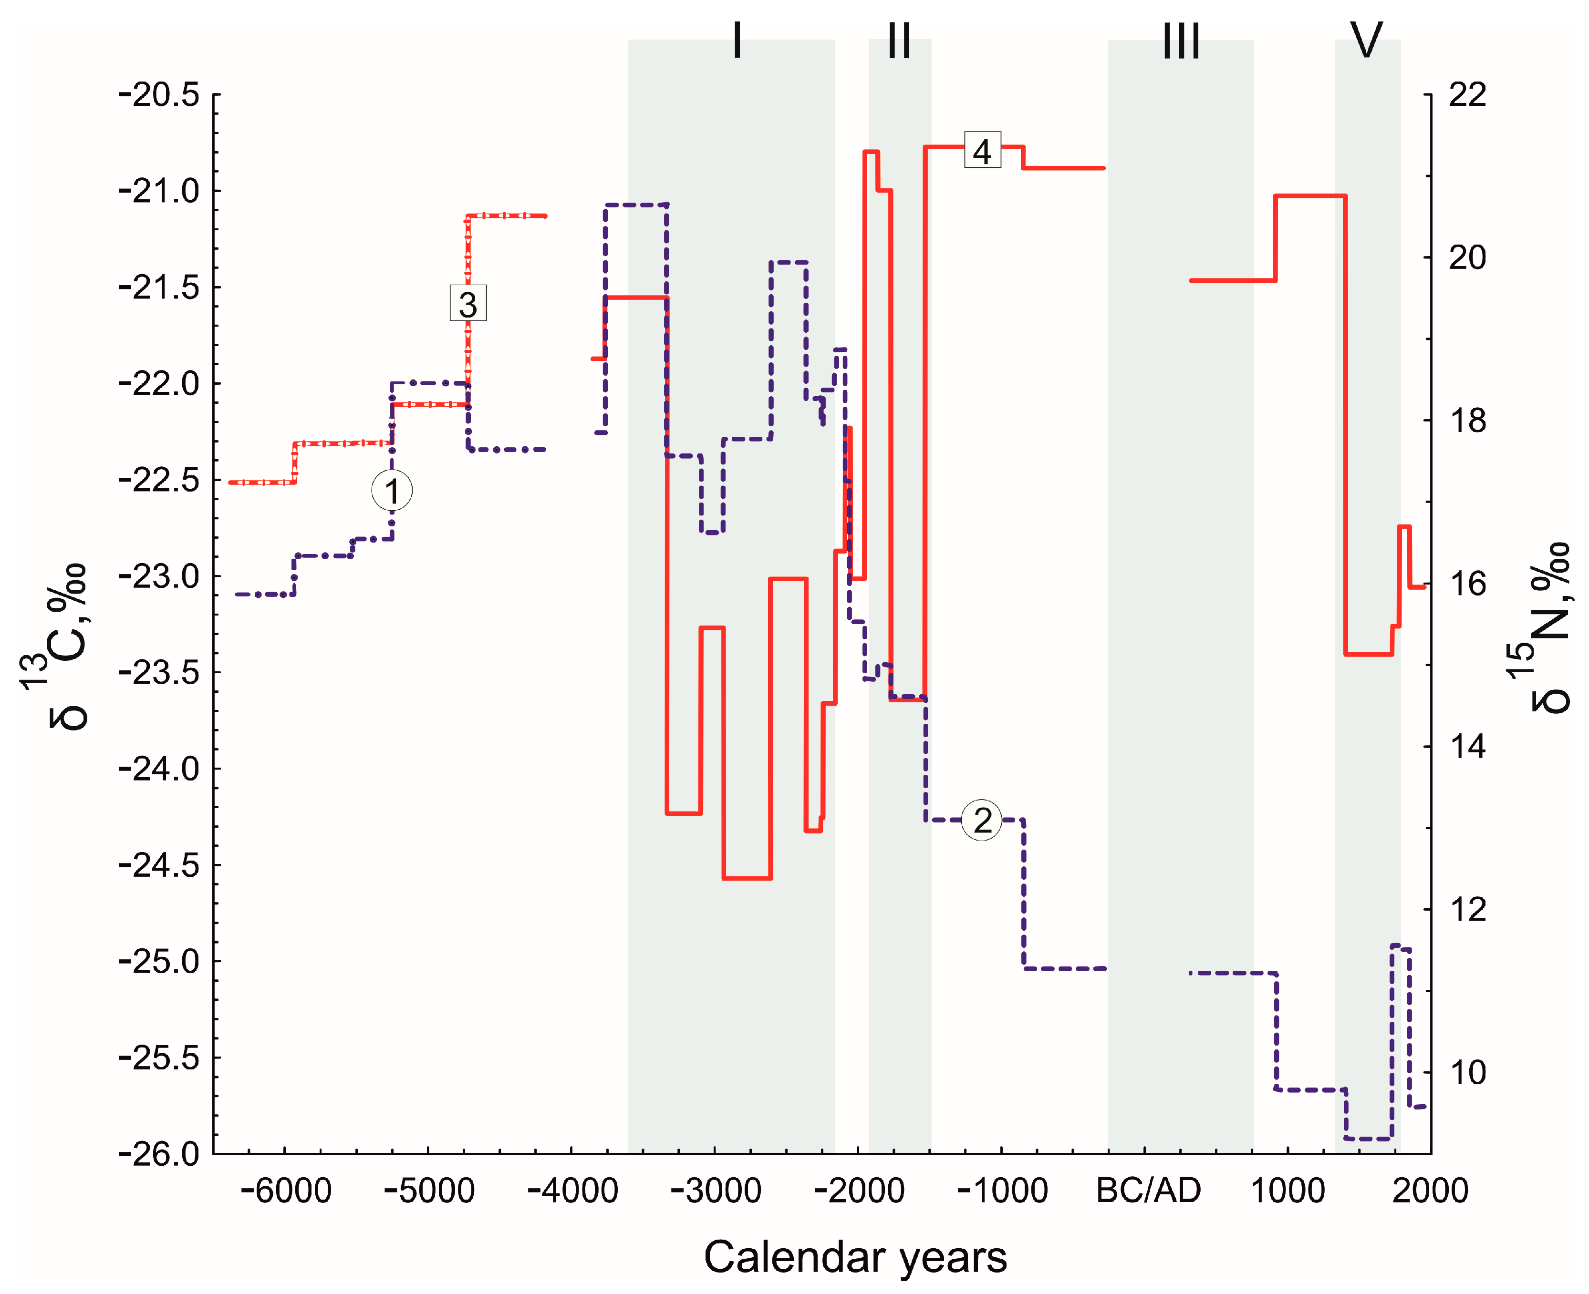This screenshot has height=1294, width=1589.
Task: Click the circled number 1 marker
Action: tap(392, 491)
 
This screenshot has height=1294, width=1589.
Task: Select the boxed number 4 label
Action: tap(982, 151)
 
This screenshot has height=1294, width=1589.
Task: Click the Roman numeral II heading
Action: tap(899, 41)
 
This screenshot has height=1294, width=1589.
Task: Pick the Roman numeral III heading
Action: tap(1181, 41)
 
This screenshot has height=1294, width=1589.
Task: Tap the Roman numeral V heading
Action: tap(1367, 41)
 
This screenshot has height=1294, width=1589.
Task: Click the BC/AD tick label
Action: tap(1148, 1191)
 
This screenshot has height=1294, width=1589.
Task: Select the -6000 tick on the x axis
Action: tap(286, 1191)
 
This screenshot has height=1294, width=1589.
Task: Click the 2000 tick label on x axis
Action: tap(1429, 1191)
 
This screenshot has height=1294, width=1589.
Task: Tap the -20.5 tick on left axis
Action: tap(159, 95)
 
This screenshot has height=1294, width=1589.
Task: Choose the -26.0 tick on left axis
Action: tap(159, 1154)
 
